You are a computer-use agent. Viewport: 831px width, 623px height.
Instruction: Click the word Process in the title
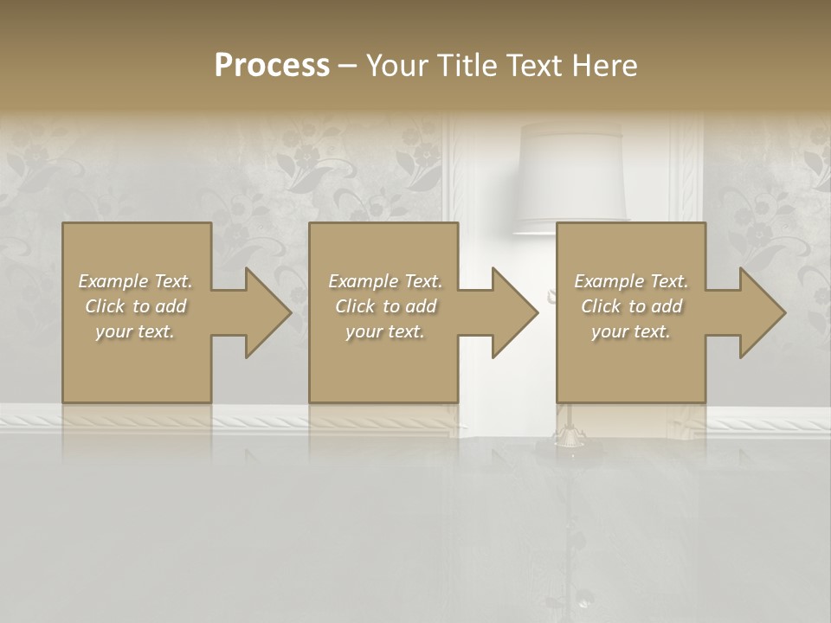pyautogui.click(x=272, y=65)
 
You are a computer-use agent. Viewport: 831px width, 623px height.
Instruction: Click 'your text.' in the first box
pyautogui.click(x=135, y=331)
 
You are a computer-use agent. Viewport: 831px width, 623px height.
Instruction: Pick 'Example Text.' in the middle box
pyautogui.click(x=385, y=281)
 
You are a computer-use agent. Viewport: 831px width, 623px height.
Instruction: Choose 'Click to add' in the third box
pyautogui.click(x=632, y=306)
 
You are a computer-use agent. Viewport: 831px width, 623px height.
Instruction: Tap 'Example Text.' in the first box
pyautogui.click(x=135, y=281)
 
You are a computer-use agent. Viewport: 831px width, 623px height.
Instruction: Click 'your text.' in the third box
pyautogui.click(x=631, y=331)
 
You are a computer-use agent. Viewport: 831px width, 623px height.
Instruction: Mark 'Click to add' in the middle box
pyautogui.click(x=385, y=306)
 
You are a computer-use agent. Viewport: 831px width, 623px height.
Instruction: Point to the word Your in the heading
pyautogui.click(x=395, y=65)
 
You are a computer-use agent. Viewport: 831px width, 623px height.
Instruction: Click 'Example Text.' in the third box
pyautogui.click(x=631, y=281)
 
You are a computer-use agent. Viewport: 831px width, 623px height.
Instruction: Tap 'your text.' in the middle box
pyautogui.click(x=385, y=331)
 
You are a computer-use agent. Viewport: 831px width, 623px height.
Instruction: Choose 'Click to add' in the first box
pyautogui.click(x=135, y=306)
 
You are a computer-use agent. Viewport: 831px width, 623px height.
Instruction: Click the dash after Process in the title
pyautogui.click(x=348, y=65)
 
